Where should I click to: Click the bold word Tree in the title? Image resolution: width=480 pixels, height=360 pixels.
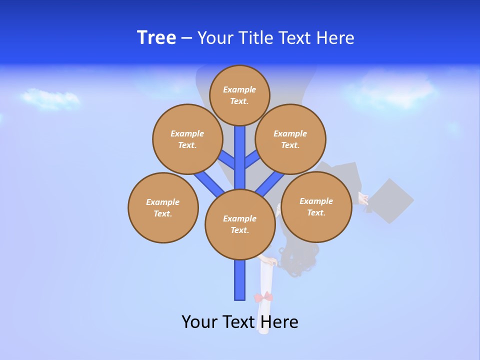[156, 38]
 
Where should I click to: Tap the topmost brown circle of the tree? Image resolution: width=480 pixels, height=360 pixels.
[239, 95]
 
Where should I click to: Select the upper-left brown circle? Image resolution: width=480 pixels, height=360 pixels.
[187, 139]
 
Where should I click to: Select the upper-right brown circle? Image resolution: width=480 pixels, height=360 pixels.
[290, 139]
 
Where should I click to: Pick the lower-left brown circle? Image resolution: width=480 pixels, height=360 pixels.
[163, 207]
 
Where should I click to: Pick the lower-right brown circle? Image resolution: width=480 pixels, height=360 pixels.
[316, 206]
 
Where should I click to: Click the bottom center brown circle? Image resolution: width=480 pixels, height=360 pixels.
[240, 224]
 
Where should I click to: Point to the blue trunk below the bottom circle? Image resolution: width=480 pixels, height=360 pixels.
[240, 280]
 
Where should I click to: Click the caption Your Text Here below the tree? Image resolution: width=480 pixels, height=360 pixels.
[240, 321]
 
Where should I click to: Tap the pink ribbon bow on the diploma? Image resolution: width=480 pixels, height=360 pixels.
[263, 297]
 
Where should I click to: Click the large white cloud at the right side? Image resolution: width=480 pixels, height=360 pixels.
[390, 90]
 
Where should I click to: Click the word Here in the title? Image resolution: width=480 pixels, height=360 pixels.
[336, 38]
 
